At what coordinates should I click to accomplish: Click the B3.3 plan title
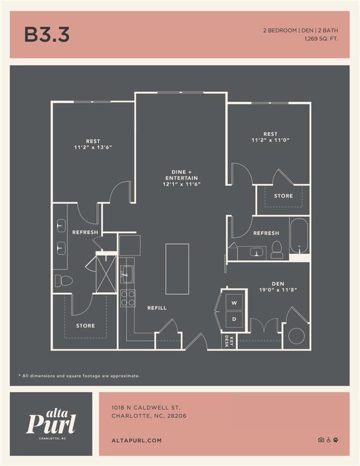tap(47, 34)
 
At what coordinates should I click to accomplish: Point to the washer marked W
tap(234, 303)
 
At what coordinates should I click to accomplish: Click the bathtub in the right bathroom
tap(299, 237)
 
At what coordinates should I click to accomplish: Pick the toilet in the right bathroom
tap(277, 249)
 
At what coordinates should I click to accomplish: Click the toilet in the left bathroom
tap(65, 281)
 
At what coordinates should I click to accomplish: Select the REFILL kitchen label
tap(157, 308)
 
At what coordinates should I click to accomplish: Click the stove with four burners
tap(128, 298)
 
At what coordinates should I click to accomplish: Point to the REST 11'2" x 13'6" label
tap(93, 144)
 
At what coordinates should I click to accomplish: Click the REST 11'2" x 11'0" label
tap(270, 137)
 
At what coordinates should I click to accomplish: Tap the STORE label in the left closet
tap(85, 326)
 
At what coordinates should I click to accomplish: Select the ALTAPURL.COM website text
tap(136, 441)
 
